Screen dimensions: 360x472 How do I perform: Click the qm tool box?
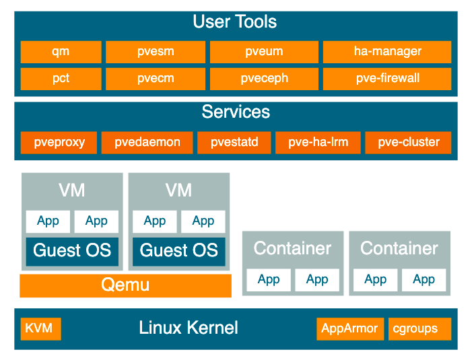pos(61,52)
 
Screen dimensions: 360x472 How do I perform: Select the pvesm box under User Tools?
pos(156,52)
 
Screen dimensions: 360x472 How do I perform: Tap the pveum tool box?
pos(264,52)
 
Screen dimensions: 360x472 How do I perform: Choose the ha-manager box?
pos(387,52)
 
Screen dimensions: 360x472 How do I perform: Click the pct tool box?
pos(61,79)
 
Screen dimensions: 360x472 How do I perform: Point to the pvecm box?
pos(156,79)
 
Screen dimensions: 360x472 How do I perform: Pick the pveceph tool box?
pos(264,79)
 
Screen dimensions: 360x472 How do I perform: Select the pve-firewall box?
pos(387,79)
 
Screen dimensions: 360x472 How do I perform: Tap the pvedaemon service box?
pos(147,143)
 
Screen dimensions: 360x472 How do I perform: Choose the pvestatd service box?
pos(234,143)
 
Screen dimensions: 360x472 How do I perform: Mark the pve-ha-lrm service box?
pos(318,143)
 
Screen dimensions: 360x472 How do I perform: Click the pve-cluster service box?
pos(408,143)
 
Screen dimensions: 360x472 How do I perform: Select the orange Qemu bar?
pos(125,285)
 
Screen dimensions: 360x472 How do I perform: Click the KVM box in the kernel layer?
pos(40,329)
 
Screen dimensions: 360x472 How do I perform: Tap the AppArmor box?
pos(350,329)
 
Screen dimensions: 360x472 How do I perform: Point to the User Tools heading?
pos(235,22)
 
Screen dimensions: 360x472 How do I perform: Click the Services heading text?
pos(236,112)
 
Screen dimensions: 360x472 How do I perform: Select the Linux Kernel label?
pos(189,328)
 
